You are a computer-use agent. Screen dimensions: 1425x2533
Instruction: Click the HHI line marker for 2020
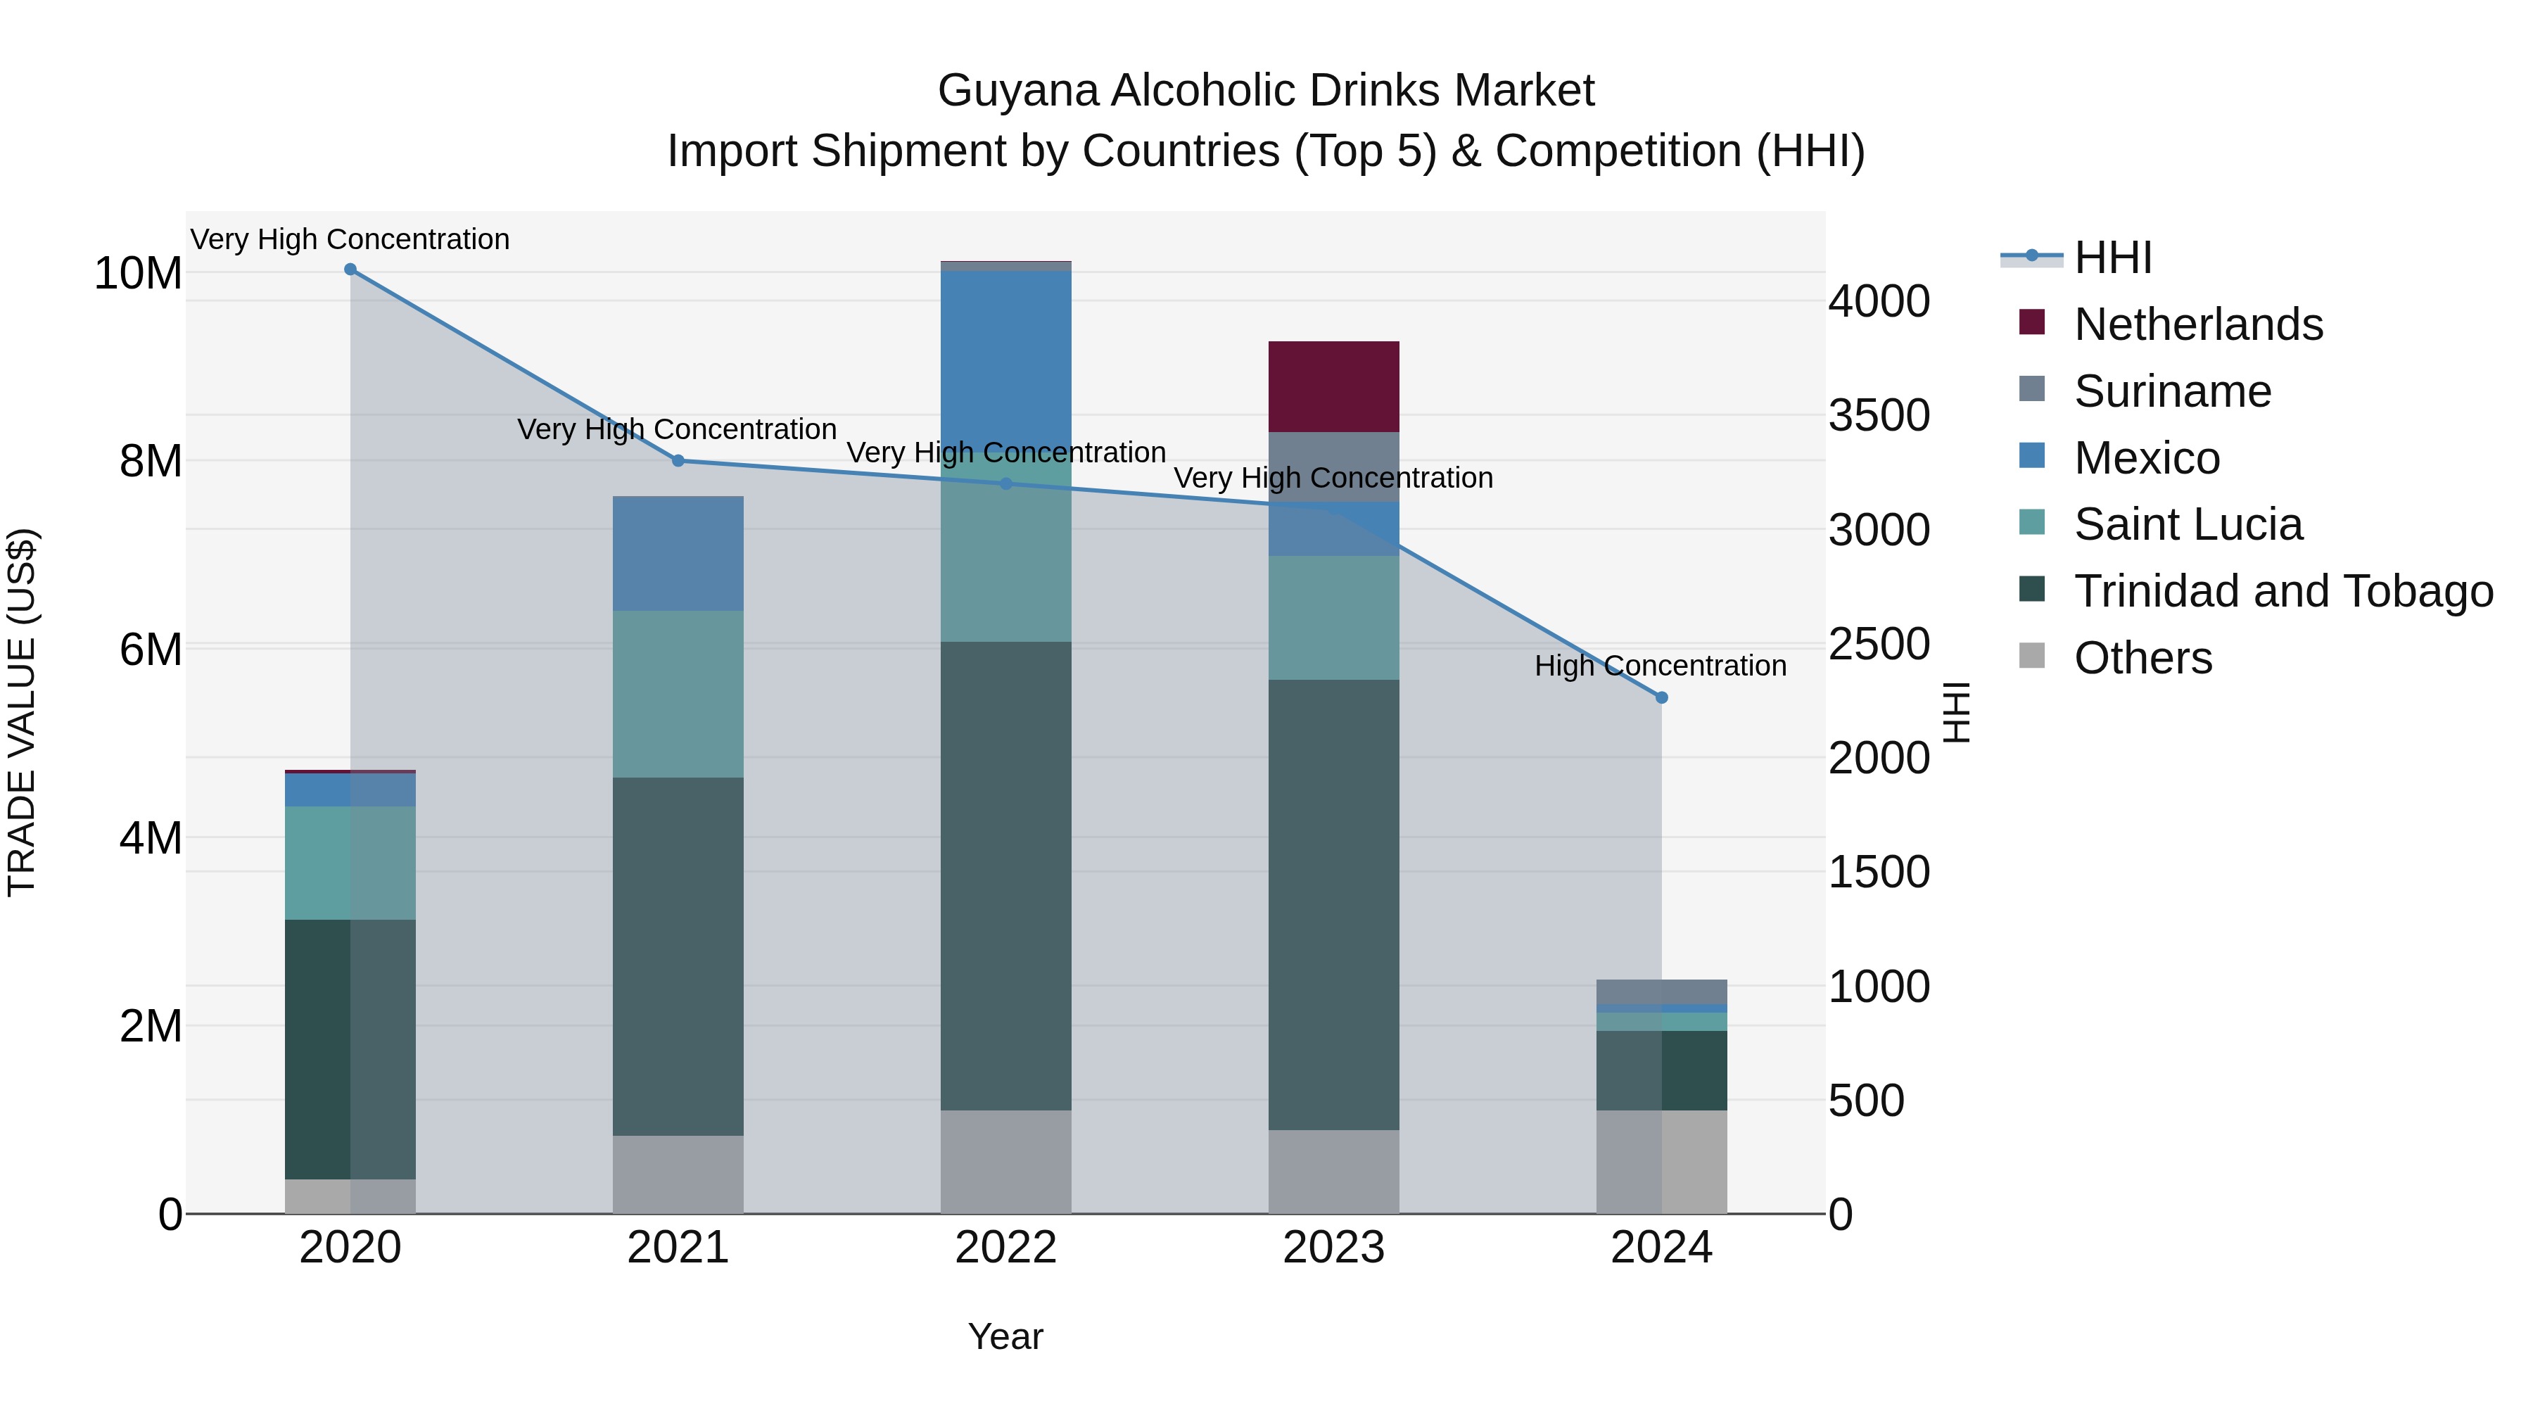[x=350, y=270]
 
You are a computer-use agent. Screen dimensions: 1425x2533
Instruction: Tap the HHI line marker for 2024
[x=1662, y=697]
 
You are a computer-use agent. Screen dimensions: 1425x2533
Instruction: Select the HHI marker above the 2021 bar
[x=678, y=460]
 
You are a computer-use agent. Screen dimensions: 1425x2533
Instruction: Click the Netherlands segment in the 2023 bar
[x=1333, y=386]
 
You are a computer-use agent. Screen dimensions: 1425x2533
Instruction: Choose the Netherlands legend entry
[x=2197, y=324]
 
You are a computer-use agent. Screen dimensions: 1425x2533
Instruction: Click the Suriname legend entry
[x=2172, y=391]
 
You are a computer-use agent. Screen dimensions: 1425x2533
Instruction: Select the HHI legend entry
[x=2112, y=258]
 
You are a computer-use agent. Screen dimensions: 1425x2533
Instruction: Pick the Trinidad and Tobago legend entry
[x=2283, y=591]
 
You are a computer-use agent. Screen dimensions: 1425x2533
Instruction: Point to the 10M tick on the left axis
[x=138, y=274]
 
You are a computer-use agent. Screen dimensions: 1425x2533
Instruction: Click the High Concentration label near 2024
[x=1660, y=666]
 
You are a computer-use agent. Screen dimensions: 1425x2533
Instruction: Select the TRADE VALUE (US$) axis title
[x=22, y=712]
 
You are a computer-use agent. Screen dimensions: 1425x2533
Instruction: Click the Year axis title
[x=1005, y=1336]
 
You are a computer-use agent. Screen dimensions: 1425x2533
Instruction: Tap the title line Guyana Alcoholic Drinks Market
[x=1266, y=91]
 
